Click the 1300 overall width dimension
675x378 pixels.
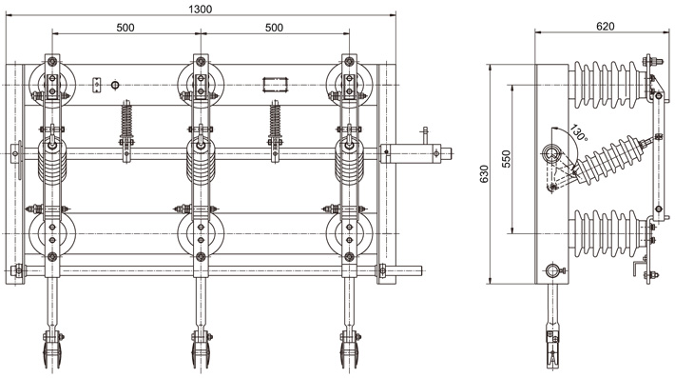click(x=201, y=10)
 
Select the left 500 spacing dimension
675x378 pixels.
click(x=125, y=28)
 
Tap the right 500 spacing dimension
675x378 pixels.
click(x=274, y=28)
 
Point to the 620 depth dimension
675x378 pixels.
click(x=606, y=27)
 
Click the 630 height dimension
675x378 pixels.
click(x=484, y=173)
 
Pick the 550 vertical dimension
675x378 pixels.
click(x=506, y=159)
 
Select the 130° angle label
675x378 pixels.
click(x=579, y=132)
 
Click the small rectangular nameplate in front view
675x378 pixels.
click(x=275, y=85)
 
